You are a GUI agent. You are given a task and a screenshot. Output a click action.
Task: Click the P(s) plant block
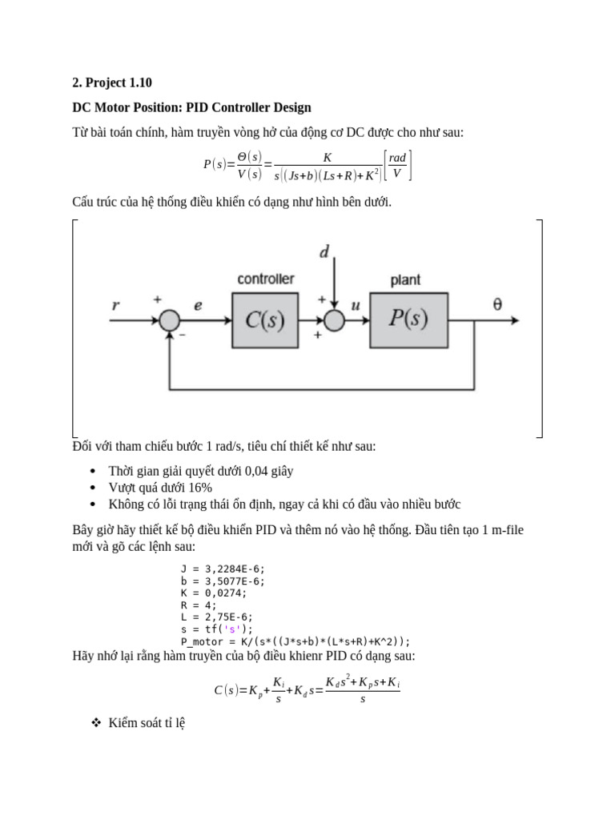tap(408, 320)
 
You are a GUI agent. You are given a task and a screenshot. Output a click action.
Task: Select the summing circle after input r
tap(168, 320)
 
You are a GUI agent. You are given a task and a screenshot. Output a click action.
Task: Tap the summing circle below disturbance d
tap(334, 320)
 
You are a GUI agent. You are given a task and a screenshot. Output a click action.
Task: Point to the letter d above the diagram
tap(324, 253)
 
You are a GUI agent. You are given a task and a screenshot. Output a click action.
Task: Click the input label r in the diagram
tap(116, 304)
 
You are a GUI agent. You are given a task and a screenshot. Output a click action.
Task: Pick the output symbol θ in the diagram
tap(497, 304)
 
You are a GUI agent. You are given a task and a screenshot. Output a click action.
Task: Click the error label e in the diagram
tap(198, 304)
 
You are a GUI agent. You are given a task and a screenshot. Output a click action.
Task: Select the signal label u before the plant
tap(356, 304)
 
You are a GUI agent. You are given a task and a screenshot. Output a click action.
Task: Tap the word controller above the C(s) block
tap(265, 279)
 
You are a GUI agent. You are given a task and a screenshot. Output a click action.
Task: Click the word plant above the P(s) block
tap(405, 280)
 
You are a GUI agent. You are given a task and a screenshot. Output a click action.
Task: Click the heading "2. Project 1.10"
tap(112, 82)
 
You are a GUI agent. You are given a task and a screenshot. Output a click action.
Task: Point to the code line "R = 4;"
tap(199, 605)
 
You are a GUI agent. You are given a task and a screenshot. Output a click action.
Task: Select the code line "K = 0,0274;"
tap(214, 593)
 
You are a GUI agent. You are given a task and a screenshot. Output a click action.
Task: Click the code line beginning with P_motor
tap(295, 641)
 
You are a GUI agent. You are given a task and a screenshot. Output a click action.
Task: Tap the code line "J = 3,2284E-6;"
tap(223, 569)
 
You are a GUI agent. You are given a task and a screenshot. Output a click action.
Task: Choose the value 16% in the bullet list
tap(201, 488)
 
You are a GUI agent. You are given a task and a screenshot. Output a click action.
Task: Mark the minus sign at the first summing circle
tap(182, 336)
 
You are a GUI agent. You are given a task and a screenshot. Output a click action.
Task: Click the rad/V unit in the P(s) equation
tap(398, 166)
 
